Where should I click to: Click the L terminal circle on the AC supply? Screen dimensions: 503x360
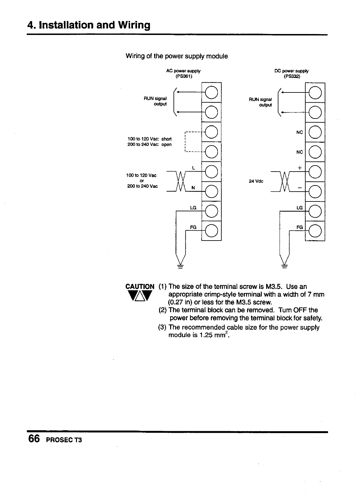pos(211,171)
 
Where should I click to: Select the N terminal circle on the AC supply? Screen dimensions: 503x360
pos(211,191)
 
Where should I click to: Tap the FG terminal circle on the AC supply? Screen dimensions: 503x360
pos(211,230)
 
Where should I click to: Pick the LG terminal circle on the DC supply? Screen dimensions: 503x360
pos(315,211)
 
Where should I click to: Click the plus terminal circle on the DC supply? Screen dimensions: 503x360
pos(315,172)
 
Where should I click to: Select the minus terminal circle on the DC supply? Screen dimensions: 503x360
pos(315,191)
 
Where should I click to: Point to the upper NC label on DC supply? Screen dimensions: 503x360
pos(300,132)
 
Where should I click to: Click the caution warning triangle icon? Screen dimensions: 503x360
pos(140,296)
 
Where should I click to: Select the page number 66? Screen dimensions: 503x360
pos(34,439)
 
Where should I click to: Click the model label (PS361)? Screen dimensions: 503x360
pos(183,76)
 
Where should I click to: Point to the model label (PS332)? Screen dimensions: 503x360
pos(291,76)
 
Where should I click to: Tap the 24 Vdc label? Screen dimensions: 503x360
pos(256,181)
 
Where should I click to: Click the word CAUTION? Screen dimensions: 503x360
pos(140,287)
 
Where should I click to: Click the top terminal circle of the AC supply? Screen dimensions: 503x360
pos(211,92)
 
